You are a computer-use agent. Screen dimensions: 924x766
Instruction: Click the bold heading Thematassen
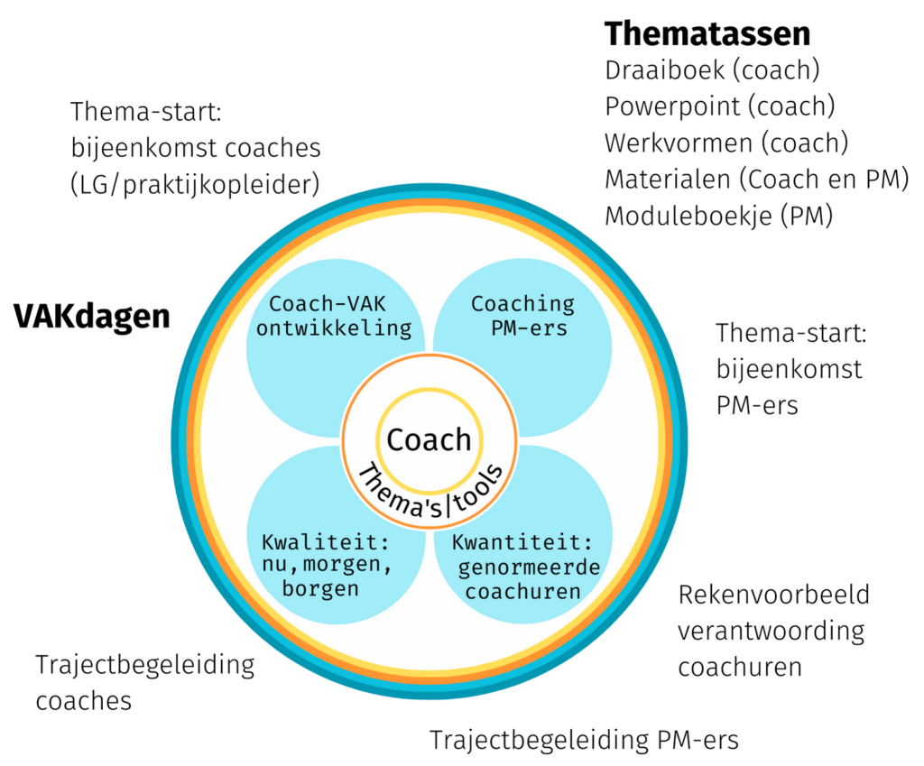pos(707,33)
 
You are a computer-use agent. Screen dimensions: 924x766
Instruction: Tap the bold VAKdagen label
pos(92,317)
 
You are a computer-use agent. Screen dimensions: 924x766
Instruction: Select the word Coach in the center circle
pos(429,440)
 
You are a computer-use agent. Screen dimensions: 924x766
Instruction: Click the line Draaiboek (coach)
pos(712,70)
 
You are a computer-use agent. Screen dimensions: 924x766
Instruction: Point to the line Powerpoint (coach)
pos(719,106)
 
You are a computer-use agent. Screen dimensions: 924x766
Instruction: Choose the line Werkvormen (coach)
pos(726,143)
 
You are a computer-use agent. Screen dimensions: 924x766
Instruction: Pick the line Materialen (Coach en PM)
pos(757,180)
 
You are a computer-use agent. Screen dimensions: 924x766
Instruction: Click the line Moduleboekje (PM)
pos(719,217)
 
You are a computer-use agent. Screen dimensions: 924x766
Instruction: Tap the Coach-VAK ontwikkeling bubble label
pos(334,316)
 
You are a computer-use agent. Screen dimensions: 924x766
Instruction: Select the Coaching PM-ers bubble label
pos(523,316)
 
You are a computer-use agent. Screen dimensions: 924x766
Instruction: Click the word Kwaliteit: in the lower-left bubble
pos(326,541)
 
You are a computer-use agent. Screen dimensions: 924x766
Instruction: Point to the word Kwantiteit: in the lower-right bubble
pos(522,541)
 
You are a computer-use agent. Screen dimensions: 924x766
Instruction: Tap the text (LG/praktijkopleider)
pos(195,184)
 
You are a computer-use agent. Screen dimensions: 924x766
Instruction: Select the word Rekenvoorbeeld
pos(773,595)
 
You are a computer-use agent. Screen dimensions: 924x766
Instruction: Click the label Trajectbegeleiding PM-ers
pos(584,740)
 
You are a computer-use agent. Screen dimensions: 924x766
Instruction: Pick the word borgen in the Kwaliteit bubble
pos(320,588)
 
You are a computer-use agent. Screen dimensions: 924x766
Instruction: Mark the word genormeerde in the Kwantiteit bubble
pos(529,568)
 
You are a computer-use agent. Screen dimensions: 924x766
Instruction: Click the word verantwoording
pos(772,632)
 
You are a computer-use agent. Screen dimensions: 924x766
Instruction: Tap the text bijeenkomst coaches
pos(196,148)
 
